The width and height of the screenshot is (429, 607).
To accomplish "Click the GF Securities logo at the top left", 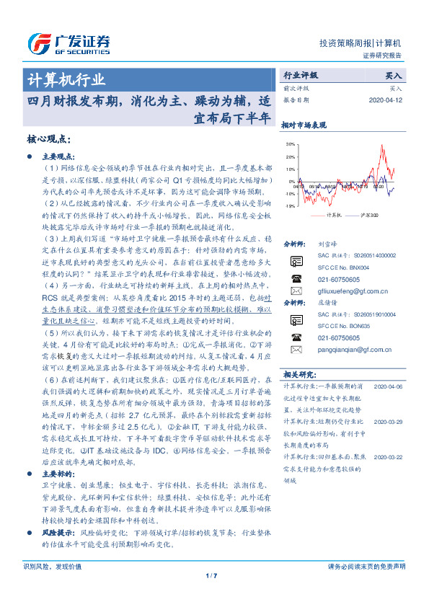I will pyautogui.click(x=68, y=43).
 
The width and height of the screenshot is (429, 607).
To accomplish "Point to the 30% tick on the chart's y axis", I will pyautogui.click(x=290, y=144).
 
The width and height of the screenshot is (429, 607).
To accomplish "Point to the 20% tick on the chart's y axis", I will pyautogui.click(x=290, y=156).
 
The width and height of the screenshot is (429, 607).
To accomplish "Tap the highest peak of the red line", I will pyautogui.click(x=380, y=146).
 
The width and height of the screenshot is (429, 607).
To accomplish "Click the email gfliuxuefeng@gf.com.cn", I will pyautogui.click(x=348, y=288).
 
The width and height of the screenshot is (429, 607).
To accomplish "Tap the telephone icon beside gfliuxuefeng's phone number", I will pyautogui.click(x=296, y=278).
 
